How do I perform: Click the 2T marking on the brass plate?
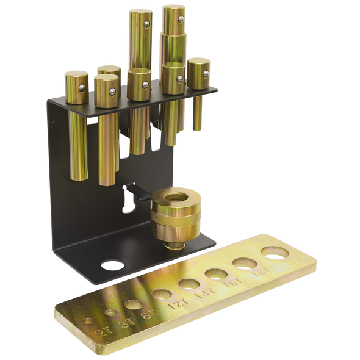(104, 331)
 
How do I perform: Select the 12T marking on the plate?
(176, 300)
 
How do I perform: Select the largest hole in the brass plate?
(274, 251)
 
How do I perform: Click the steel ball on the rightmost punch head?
(206, 74)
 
